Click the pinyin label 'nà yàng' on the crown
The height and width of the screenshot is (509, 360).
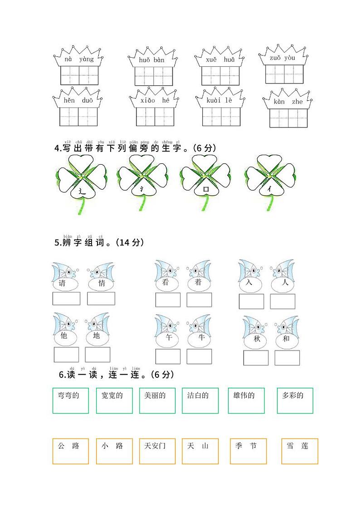point(79,59)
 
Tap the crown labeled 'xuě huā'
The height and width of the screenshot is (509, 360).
point(220,59)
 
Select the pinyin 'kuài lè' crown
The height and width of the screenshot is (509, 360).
point(220,101)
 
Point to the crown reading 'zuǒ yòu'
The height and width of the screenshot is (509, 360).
point(283,58)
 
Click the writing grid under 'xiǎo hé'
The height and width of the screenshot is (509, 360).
point(155,117)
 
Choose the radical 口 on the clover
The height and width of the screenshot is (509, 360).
point(206,190)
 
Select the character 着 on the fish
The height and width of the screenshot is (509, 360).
point(198,282)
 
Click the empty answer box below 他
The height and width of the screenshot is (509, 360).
point(66,354)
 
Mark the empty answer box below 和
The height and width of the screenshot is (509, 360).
point(287,357)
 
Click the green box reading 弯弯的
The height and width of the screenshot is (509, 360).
point(70,400)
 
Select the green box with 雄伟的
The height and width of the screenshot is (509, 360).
point(246,400)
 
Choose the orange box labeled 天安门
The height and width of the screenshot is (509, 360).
point(157,451)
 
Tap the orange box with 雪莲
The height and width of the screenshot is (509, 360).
point(299,451)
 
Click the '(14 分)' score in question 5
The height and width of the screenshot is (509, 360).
point(130,243)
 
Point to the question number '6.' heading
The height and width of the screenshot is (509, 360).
point(62,375)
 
